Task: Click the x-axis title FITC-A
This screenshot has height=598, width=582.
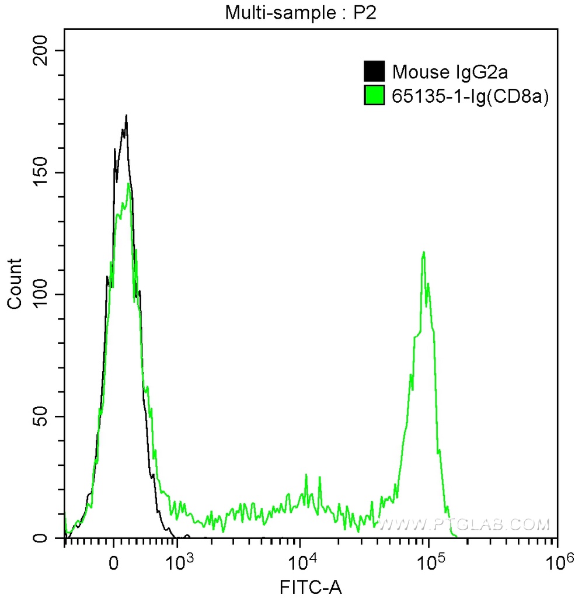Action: (310, 585)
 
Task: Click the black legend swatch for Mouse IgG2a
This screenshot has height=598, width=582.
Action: (374, 71)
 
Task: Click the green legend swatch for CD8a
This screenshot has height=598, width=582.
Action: (374, 95)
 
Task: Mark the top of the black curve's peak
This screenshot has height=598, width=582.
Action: (126, 116)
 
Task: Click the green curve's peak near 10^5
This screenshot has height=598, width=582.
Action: (424, 252)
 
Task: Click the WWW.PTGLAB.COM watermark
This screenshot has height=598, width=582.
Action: (464, 525)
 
